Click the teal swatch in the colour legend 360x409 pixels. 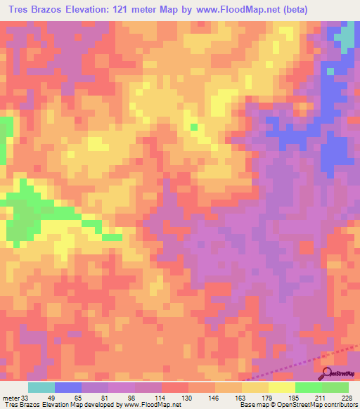tap(41, 387)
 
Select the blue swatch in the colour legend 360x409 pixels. tap(68, 387)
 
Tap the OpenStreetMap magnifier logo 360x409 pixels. tap(328, 373)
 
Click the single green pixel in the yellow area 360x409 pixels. tap(194, 126)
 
